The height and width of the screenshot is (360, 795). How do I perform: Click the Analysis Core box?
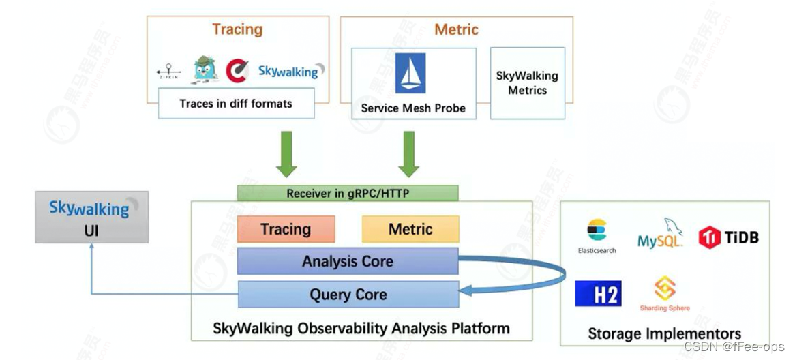(x=348, y=261)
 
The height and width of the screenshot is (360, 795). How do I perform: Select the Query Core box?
(x=348, y=295)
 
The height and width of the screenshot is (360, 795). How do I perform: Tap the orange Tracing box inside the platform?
(x=286, y=229)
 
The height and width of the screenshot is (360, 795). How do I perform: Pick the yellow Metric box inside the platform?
(x=410, y=229)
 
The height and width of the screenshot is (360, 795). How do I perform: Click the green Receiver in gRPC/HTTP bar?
(x=348, y=193)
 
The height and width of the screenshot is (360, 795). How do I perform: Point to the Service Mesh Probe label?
(x=413, y=108)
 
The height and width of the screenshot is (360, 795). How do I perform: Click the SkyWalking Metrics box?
(x=527, y=83)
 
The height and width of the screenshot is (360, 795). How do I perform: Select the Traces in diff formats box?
(x=236, y=104)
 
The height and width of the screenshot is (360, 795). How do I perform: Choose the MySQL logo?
(x=660, y=235)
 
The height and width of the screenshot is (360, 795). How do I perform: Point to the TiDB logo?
(x=728, y=237)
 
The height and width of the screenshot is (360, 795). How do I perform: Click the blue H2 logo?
(x=598, y=294)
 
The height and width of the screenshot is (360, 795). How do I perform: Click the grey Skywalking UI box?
(x=91, y=217)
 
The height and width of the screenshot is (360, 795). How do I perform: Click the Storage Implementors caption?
(x=664, y=333)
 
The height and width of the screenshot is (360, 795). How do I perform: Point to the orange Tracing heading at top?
(x=237, y=29)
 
